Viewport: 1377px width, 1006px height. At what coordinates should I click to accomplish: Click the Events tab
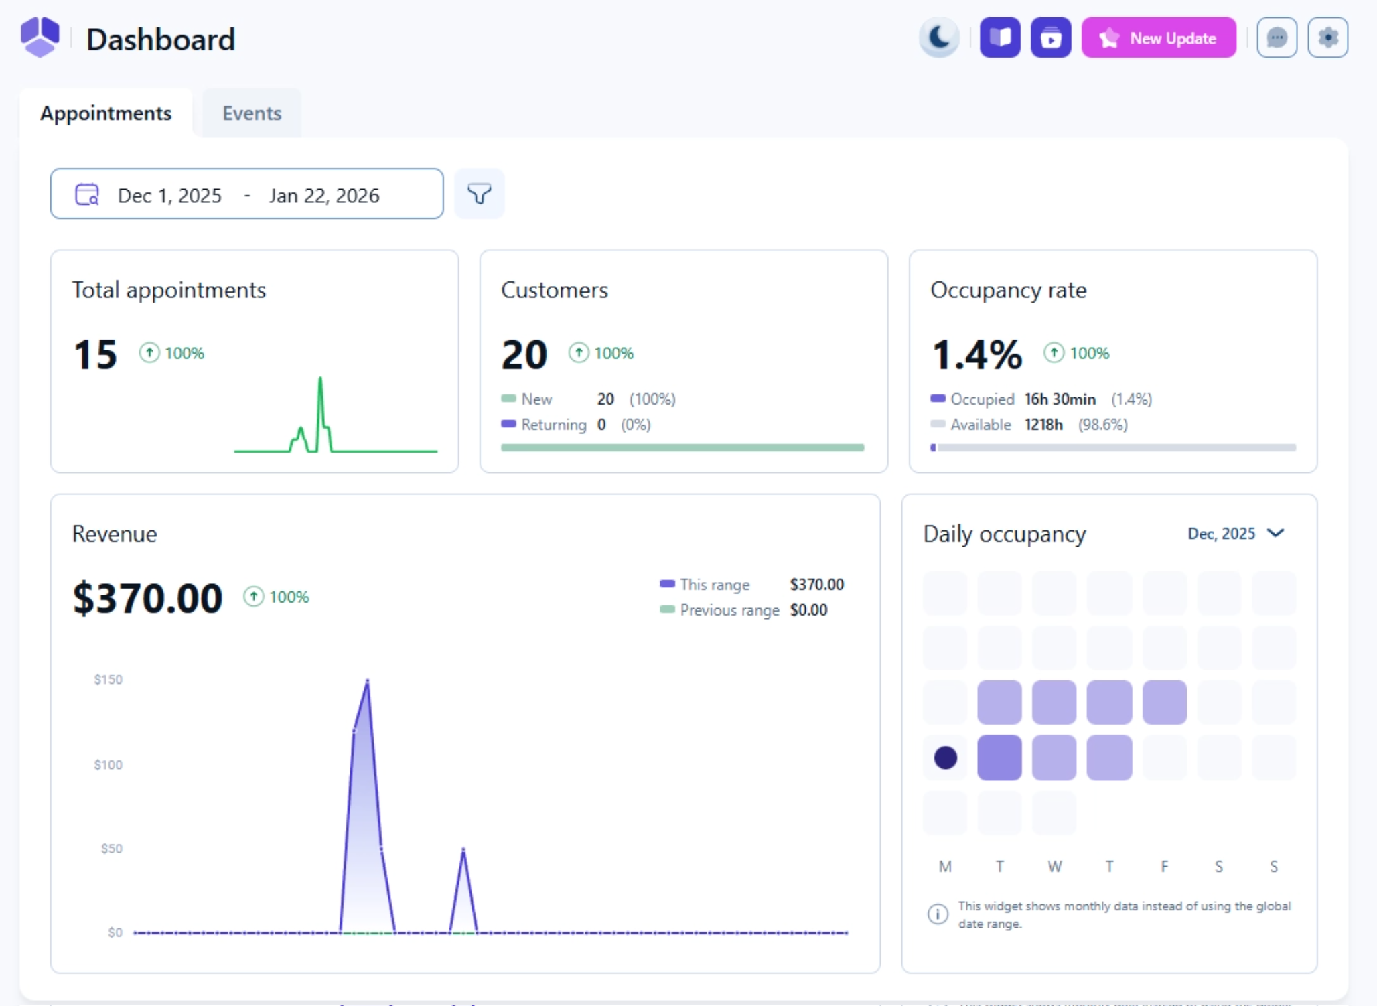pyautogui.click(x=252, y=113)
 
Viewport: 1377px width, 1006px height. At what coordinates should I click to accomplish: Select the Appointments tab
pyautogui.click(x=106, y=113)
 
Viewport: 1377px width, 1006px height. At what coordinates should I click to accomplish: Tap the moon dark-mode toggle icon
pyautogui.click(x=939, y=38)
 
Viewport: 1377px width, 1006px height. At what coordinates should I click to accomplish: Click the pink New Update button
pyautogui.click(x=1159, y=38)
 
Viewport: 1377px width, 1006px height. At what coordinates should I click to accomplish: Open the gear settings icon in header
pyautogui.click(x=1327, y=38)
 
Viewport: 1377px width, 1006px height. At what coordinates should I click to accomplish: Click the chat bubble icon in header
pyautogui.click(x=1277, y=38)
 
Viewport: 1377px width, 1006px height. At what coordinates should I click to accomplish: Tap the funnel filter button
pyautogui.click(x=479, y=194)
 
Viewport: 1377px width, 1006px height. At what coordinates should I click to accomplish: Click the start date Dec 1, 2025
pyautogui.click(x=169, y=196)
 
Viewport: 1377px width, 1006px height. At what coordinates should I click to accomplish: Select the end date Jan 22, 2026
pyautogui.click(x=324, y=196)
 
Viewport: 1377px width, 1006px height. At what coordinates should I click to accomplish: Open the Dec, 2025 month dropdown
pyautogui.click(x=1236, y=534)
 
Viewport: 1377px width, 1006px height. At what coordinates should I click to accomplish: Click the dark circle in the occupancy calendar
pyautogui.click(x=945, y=758)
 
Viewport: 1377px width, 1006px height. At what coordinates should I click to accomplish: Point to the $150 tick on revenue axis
pyautogui.click(x=108, y=680)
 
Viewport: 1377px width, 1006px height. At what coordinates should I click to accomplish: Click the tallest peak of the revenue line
pyautogui.click(x=367, y=682)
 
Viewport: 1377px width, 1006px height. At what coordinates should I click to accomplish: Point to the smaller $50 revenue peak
pyautogui.click(x=463, y=850)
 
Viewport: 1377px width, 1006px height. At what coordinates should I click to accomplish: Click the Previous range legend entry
pyautogui.click(x=729, y=610)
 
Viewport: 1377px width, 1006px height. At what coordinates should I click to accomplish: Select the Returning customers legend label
pyautogui.click(x=553, y=425)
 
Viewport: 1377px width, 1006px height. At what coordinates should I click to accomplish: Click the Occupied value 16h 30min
pyautogui.click(x=1060, y=399)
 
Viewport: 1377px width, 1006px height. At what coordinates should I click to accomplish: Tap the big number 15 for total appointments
pyautogui.click(x=95, y=354)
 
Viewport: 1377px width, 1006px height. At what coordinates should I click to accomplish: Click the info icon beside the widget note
pyautogui.click(x=938, y=914)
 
